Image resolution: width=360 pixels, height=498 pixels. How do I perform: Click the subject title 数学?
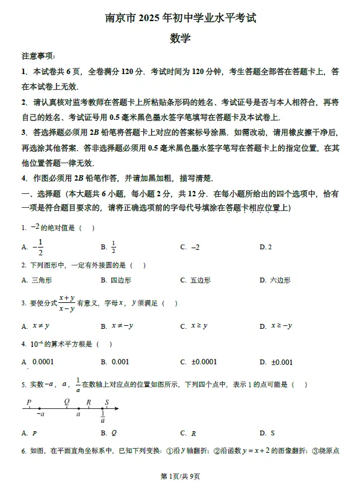pyautogui.click(x=180, y=38)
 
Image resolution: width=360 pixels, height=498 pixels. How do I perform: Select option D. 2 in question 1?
pyautogui.click(x=265, y=247)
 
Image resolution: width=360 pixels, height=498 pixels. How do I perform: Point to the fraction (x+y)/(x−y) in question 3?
pyautogui.click(x=67, y=303)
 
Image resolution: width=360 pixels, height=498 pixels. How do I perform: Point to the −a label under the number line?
pyautogui.click(x=40, y=414)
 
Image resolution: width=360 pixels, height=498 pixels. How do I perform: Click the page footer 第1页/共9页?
pyautogui.click(x=180, y=476)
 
